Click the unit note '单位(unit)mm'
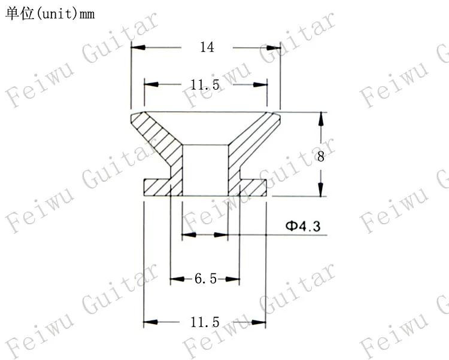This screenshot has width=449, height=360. pos(50,14)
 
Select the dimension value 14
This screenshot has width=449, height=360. pos(207,47)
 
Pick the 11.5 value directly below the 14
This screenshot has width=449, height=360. pos(205,85)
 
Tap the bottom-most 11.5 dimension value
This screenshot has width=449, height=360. pos(205,322)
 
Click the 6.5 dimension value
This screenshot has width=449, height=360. pos(205,279)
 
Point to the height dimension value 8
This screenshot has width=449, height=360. pos(321,157)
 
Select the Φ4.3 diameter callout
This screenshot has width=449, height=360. pos(303,226)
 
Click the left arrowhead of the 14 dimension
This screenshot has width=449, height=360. pos(138,47)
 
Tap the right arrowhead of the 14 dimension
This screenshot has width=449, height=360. pos(273,47)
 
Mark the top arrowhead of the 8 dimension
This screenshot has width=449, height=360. pos(321,119)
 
